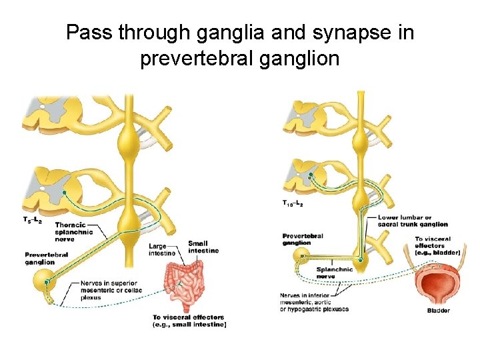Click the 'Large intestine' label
[x=162, y=249]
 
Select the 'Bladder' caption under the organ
[x=438, y=311]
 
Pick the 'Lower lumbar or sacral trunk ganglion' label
[x=404, y=221]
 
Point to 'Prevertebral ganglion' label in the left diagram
[x=46, y=258]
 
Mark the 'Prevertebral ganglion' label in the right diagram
[x=303, y=239]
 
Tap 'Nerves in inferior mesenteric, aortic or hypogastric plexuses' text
[x=314, y=302]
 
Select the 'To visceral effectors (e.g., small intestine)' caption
[x=189, y=321]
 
